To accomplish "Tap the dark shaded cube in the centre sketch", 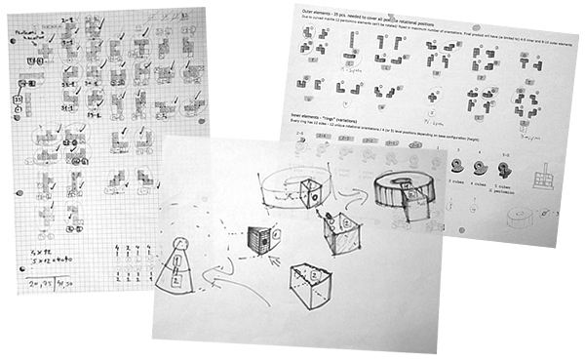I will coord(258,240).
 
